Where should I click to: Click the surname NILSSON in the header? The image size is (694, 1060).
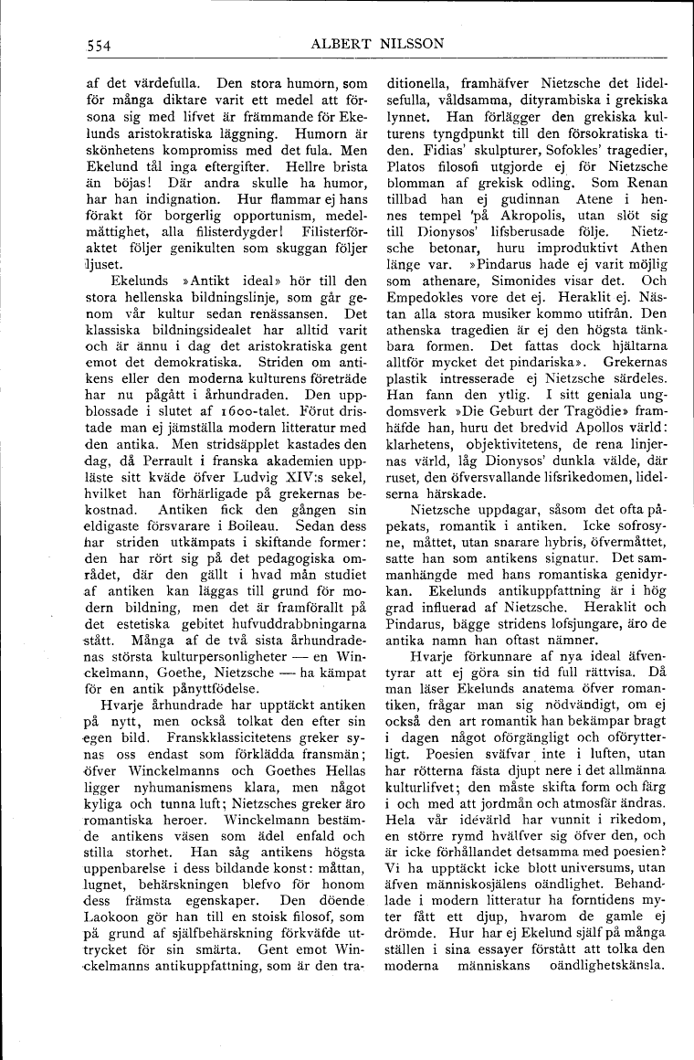pyautogui.click(x=406, y=43)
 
